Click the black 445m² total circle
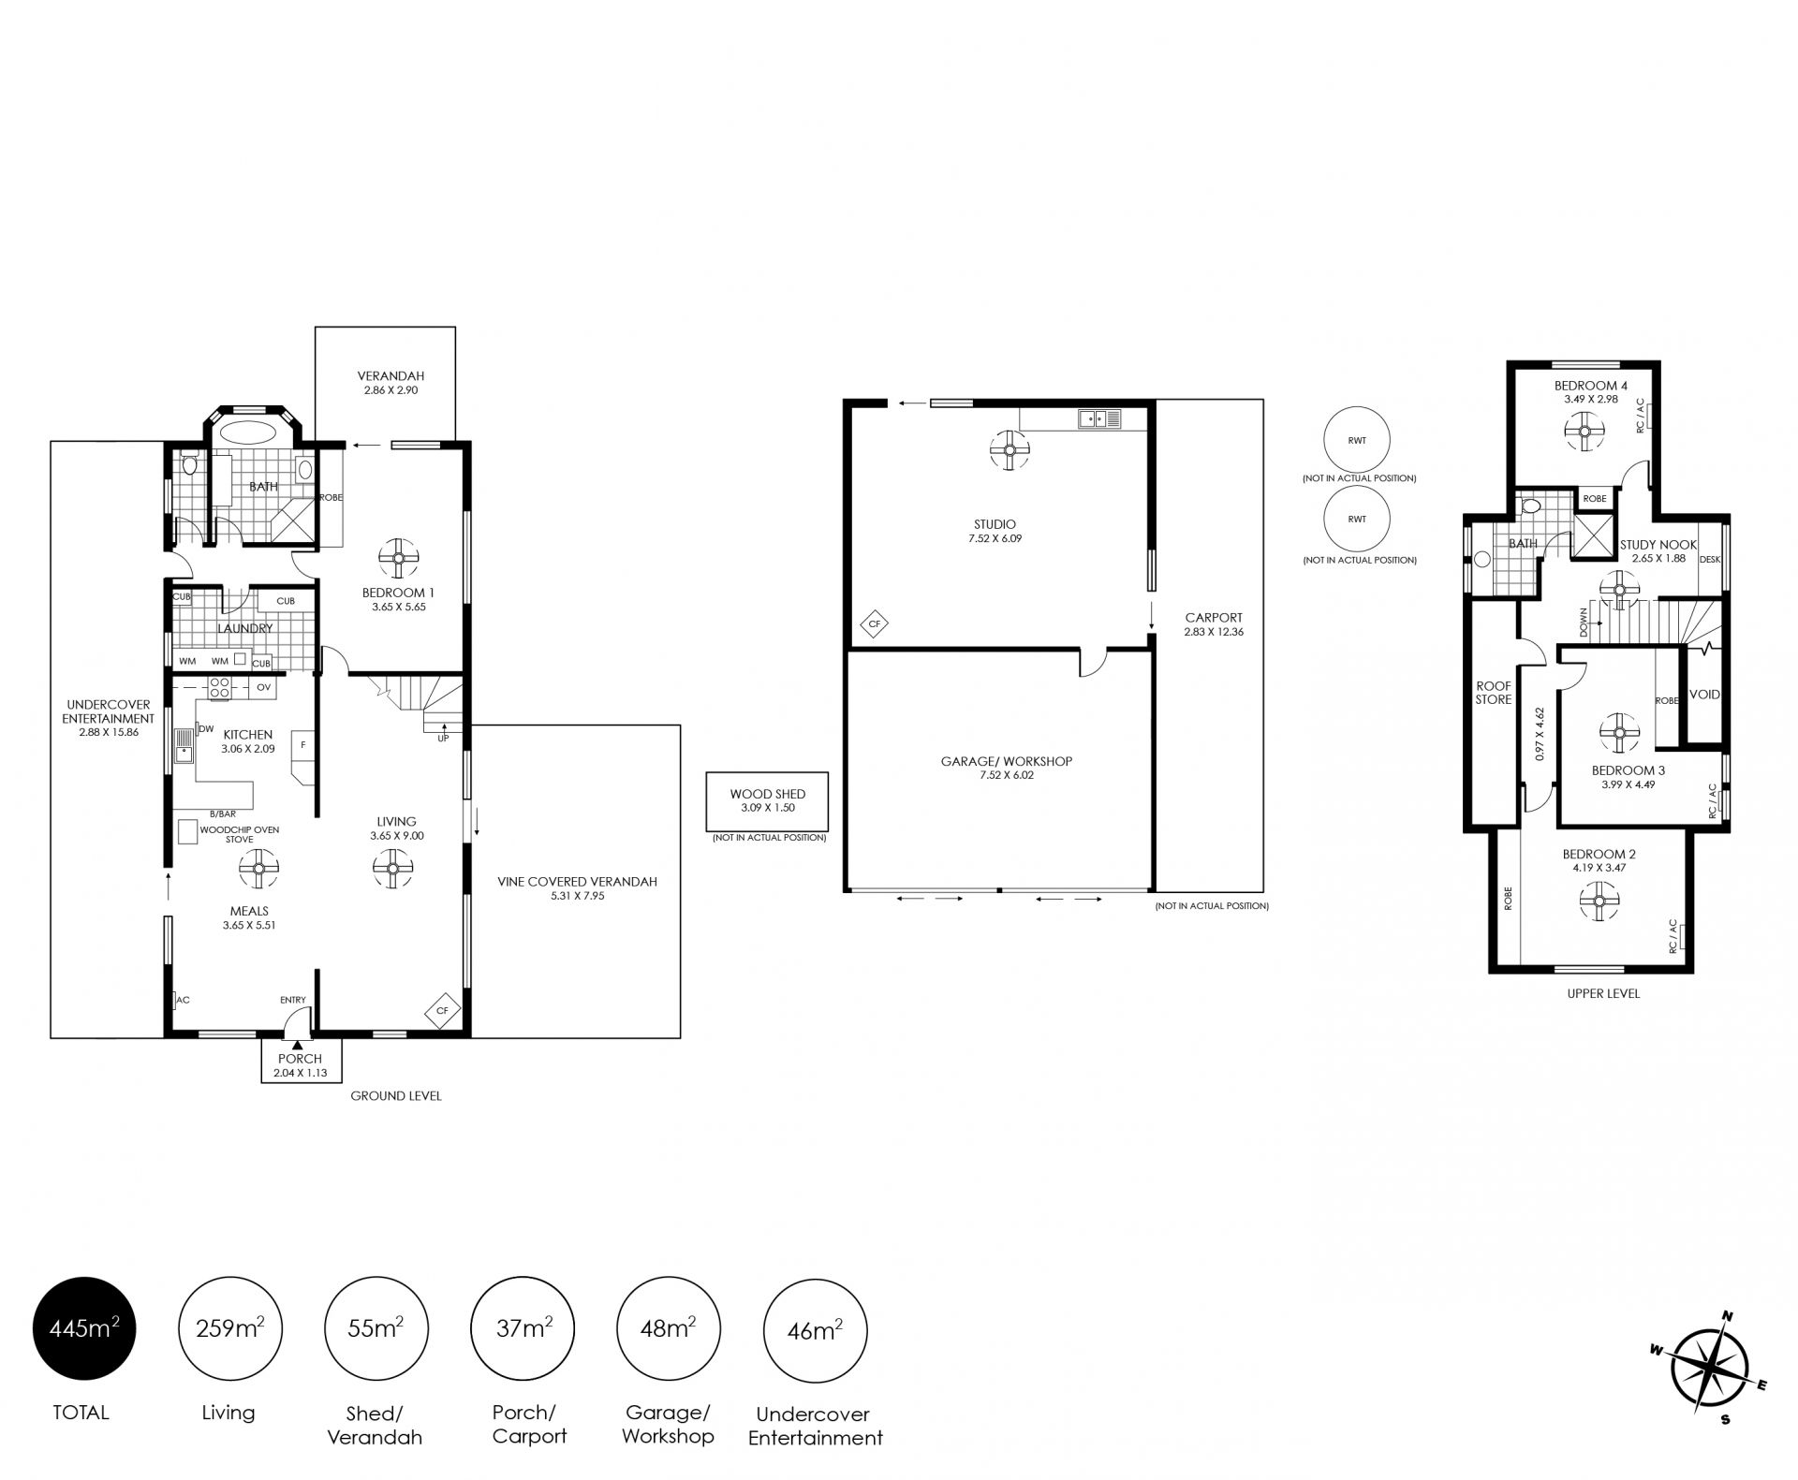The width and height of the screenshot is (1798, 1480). click(x=84, y=1327)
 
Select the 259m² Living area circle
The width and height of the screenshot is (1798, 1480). click(x=229, y=1328)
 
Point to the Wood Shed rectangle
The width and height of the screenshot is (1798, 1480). click(x=768, y=801)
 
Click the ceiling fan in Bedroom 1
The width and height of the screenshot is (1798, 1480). click(x=397, y=558)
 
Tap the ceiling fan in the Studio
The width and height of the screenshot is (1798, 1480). click(x=1009, y=449)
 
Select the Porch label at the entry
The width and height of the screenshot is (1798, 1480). click(x=300, y=1059)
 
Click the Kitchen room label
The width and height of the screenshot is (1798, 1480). click(x=247, y=735)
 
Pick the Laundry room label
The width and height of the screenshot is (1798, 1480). click(x=245, y=628)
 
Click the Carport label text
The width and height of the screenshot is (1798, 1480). click(x=1214, y=618)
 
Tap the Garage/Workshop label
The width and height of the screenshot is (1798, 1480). click(x=1007, y=761)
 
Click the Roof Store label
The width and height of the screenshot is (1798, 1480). click(x=1494, y=693)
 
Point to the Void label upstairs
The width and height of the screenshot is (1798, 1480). click(x=1704, y=695)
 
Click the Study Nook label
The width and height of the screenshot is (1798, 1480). click(x=1658, y=545)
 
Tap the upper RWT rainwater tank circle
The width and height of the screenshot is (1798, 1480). click(x=1357, y=439)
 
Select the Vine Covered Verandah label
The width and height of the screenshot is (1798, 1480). click(x=578, y=881)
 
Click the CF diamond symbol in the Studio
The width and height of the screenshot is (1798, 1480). click(x=875, y=623)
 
